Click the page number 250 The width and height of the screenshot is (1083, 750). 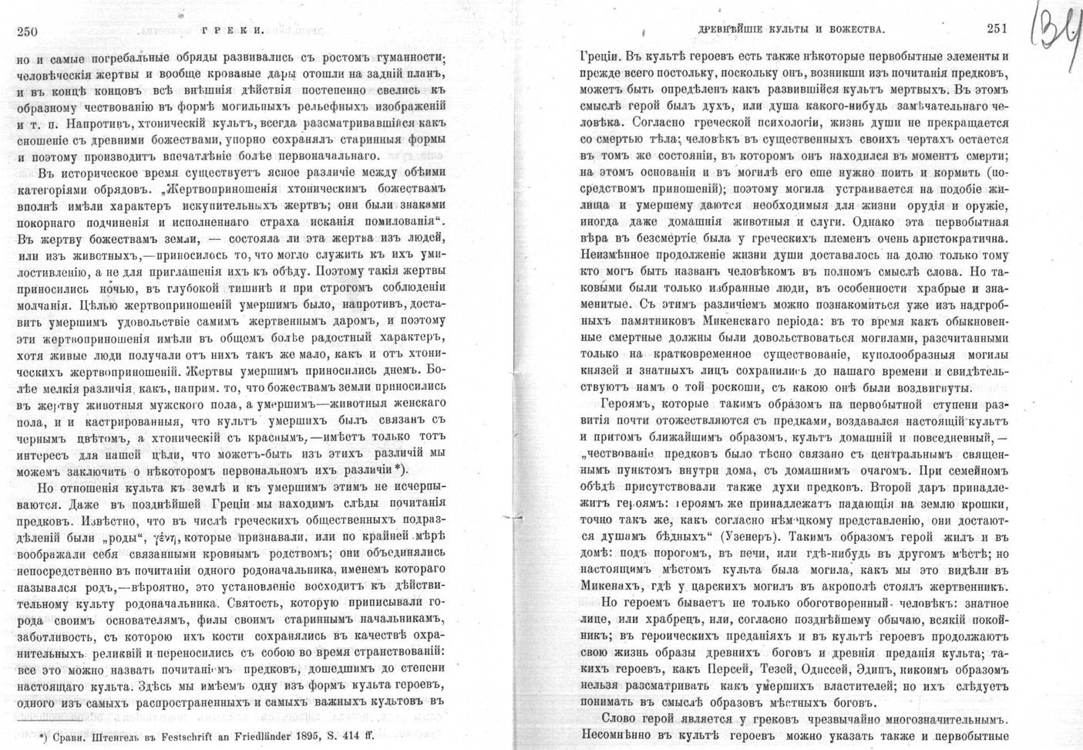[x=27, y=31]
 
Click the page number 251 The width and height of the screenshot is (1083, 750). [x=996, y=29]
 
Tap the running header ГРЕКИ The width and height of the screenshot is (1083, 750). [x=232, y=32]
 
